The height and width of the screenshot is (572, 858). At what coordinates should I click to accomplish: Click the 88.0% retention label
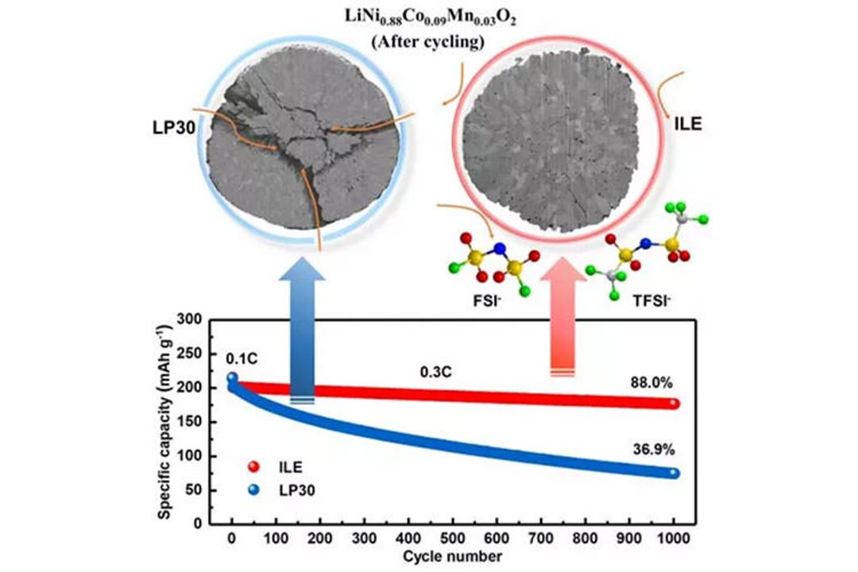pos(651,383)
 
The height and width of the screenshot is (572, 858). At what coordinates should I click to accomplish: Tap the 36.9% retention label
pos(654,450)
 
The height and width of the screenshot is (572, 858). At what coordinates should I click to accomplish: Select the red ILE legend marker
pos(253,467)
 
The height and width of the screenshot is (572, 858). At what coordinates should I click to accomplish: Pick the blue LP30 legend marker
pos(253,490)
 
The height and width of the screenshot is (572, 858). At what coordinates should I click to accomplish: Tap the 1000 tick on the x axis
pos(673,539)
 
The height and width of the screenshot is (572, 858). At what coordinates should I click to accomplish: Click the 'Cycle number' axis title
pos(452,557)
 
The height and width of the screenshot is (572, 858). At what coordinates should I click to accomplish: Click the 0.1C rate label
pos(242,359)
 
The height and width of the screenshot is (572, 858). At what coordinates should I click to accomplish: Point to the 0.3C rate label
pos(436,373)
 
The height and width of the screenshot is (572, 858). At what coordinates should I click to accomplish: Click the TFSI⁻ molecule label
pos(651,300)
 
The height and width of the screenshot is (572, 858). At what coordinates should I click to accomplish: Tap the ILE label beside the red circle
pos(688,124)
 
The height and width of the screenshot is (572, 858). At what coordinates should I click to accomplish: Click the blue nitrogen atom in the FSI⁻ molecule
pos(498,249)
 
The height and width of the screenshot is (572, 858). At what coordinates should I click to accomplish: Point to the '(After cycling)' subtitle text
pos(428,42)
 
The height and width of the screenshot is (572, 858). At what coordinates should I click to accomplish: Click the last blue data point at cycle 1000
pos(674,473)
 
